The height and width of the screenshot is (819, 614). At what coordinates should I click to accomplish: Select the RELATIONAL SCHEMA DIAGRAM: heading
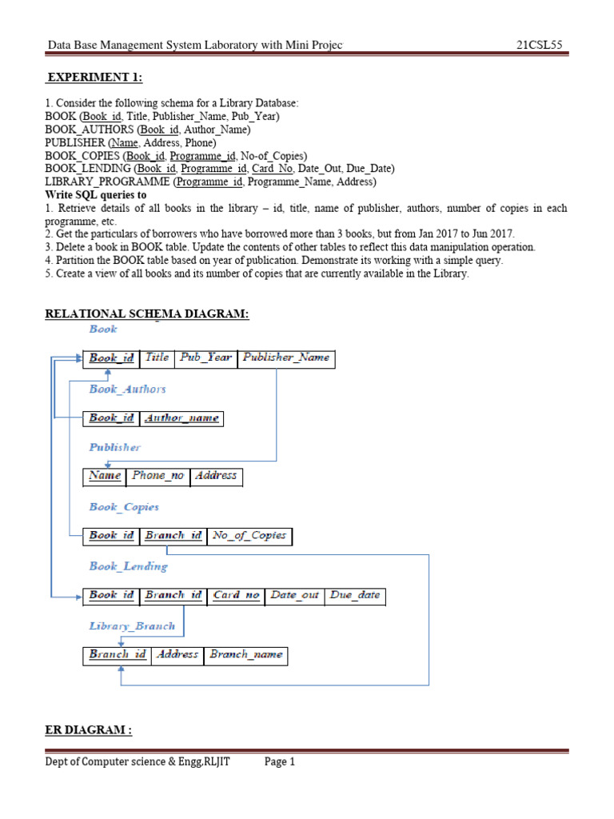[147, 314]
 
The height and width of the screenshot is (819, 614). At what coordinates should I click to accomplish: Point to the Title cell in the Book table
[157, 358]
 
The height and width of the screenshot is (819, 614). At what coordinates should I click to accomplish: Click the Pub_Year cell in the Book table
[205, 358]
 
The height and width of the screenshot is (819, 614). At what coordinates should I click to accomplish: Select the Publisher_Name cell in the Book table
[286, 358]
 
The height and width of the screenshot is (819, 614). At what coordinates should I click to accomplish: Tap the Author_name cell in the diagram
[181, 418]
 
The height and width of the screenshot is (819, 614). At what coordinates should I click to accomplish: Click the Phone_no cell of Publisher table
[158, 476]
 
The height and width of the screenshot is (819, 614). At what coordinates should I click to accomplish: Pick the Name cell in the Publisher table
[105, 476]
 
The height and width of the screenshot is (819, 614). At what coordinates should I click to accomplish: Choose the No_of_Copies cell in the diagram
[249, 536]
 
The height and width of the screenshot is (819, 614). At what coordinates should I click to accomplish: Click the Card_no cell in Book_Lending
[237, 595]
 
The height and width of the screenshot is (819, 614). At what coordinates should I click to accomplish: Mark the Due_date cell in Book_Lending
[355, 595]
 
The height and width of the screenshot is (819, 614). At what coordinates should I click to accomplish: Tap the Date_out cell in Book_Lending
[294, 595]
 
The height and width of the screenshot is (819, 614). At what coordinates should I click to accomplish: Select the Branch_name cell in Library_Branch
[245, 655]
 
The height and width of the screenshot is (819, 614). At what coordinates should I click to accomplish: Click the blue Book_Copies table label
[124, 507]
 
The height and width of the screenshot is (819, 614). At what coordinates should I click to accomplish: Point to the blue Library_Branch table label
[132, 626]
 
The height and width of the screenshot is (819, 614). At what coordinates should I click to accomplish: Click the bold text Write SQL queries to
[96, 195]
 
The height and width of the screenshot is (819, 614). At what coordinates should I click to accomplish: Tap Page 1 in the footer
[280, 762]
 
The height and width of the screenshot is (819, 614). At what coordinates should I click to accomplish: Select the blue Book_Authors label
[128, 389]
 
